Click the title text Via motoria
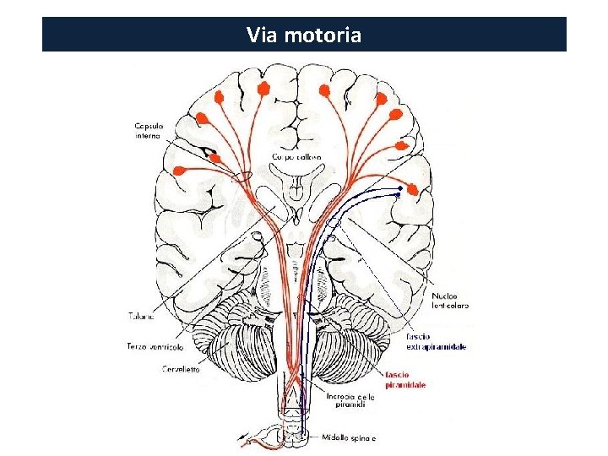tap(304, 35)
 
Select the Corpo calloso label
tap(296, 157)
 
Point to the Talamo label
tap(143, 317)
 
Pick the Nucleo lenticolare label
tap(450, 300)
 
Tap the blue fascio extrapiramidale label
tap(436, 342)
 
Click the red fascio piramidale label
tap(405, 379)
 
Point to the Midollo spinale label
tap(350, 437)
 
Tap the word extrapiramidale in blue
tap(437, 347)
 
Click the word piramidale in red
tap(405, 384)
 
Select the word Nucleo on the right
tap(445, 296)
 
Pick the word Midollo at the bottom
tap(336, 437)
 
